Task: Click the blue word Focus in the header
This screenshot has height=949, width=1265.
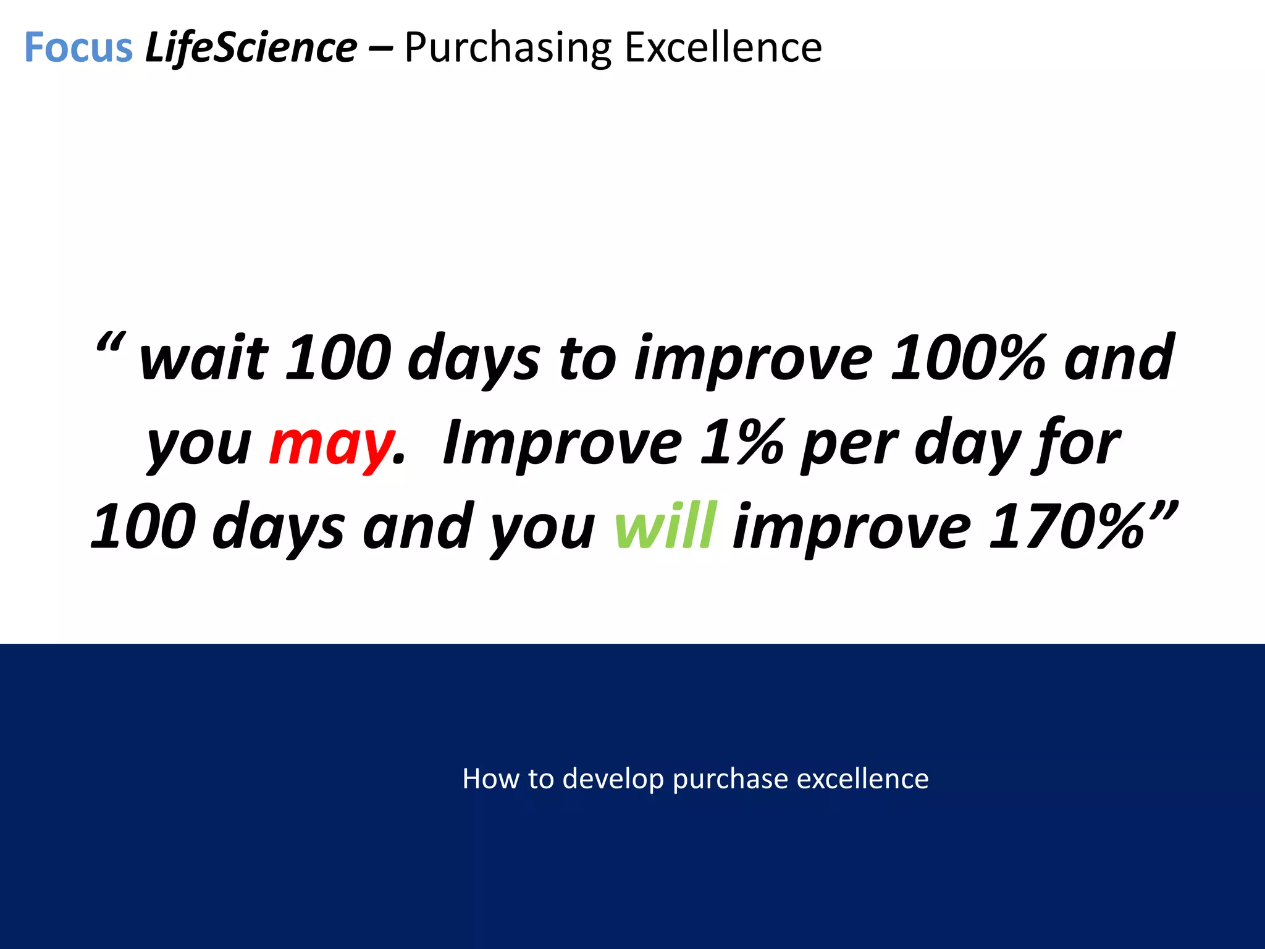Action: point(78,48)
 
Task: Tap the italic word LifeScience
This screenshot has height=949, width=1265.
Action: point(251,48)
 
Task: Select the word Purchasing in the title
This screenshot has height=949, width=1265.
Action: point(508,48)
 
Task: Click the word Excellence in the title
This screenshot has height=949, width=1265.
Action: point(723,48)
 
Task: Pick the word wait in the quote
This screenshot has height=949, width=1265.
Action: point(204,358)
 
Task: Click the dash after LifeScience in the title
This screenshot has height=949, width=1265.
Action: point(380,48)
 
